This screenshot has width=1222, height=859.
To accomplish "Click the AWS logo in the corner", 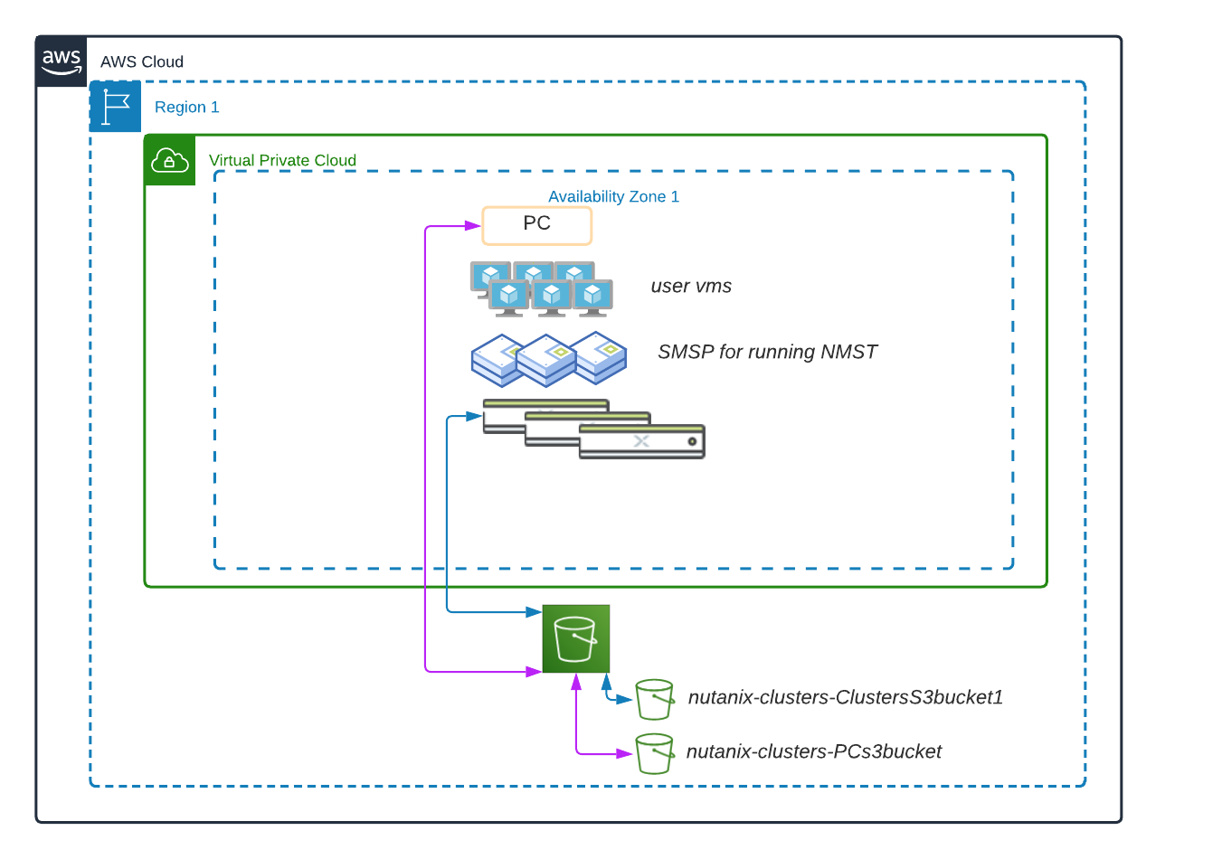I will coord(62,61).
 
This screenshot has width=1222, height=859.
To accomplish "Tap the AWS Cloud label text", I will coord(142,62).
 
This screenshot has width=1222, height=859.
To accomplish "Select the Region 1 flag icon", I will coord(115,107).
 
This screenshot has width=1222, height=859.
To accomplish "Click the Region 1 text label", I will coord(187,108).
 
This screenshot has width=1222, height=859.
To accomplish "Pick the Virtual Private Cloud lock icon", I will coord(169,160).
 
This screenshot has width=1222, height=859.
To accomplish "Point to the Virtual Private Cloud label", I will coord(282,161).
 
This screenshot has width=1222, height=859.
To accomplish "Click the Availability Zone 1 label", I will coord(613,197).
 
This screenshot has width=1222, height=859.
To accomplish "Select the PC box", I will coord(536,225).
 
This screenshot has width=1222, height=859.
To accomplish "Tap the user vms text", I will coord(691,287).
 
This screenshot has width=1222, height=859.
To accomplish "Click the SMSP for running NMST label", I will coord(767,353).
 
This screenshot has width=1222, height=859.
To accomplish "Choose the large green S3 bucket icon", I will coord(575,639).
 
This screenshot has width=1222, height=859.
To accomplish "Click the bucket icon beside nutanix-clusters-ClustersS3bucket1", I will coord(654,699).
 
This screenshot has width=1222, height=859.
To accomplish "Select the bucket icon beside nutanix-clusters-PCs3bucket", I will coord(654,753).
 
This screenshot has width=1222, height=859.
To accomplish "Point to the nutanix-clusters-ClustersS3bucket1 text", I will coord(845,698).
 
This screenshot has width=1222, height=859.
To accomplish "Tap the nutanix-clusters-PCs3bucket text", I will coord(813,752).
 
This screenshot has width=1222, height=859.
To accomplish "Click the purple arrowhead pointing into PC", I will coord(473,225).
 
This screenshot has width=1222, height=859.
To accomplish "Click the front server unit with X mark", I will coord(641,442).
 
